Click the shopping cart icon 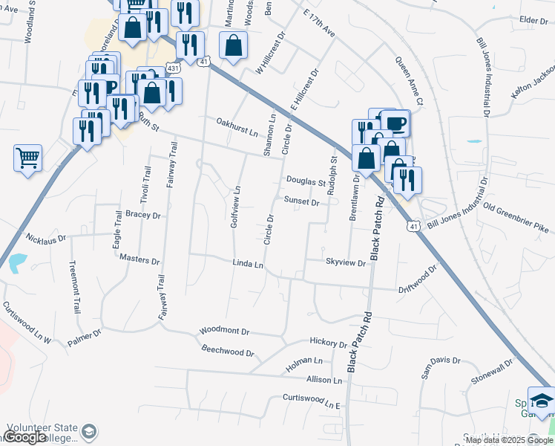[x=27, y=158]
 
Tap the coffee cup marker [x=395, y=123]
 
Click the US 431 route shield [x=173, y=68]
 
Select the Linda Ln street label [x=248, y=264]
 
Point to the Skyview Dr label [x=346, y=262]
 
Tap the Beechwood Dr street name [x=228, y=349]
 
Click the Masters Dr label [x=139, y=261]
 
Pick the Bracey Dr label [x=143, y=215]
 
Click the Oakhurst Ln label [x=237, y=127]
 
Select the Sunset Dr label [x=301, y=201]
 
